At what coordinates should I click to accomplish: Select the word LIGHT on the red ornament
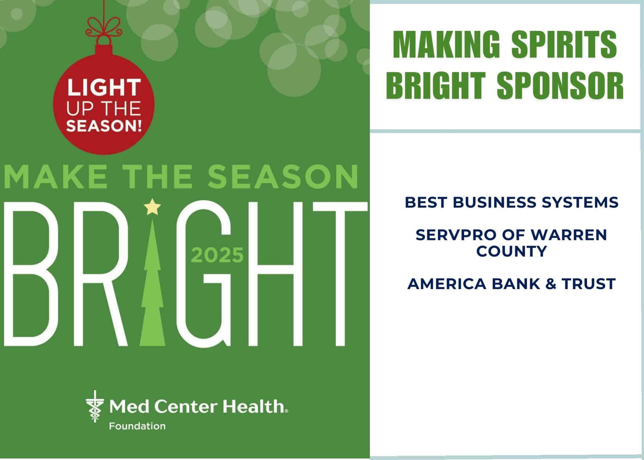(x=104, y=88)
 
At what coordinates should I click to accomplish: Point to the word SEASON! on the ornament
(x=104, y=126)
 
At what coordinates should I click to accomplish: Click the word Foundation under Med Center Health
(x=137, y=426)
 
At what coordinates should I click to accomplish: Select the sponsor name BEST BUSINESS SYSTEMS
(x=512, y=203)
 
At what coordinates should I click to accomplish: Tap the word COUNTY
(x=512, y=251)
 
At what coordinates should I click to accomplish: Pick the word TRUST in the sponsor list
(x=589, y=284)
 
